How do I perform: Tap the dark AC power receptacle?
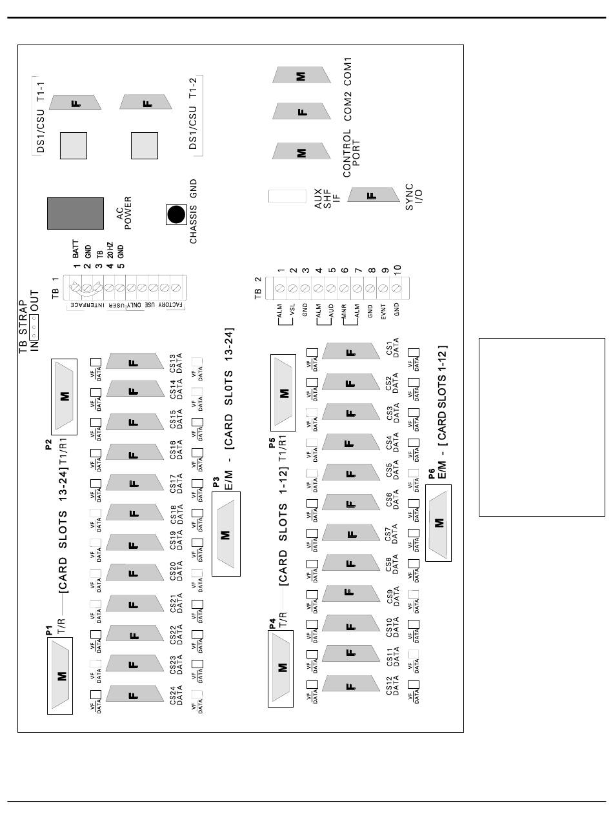click(75, 213)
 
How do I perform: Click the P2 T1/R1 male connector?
click(64, 395)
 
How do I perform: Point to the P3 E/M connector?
click(225, 534)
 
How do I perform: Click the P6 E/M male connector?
click(439, 522)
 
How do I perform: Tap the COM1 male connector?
click(301, 75)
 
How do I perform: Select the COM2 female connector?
click(301, 111)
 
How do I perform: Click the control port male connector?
click(301, 152)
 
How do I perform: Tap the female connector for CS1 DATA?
click(350, 352)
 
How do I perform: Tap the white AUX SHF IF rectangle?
click(287, 196)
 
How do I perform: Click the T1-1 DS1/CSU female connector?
click(75, 103)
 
